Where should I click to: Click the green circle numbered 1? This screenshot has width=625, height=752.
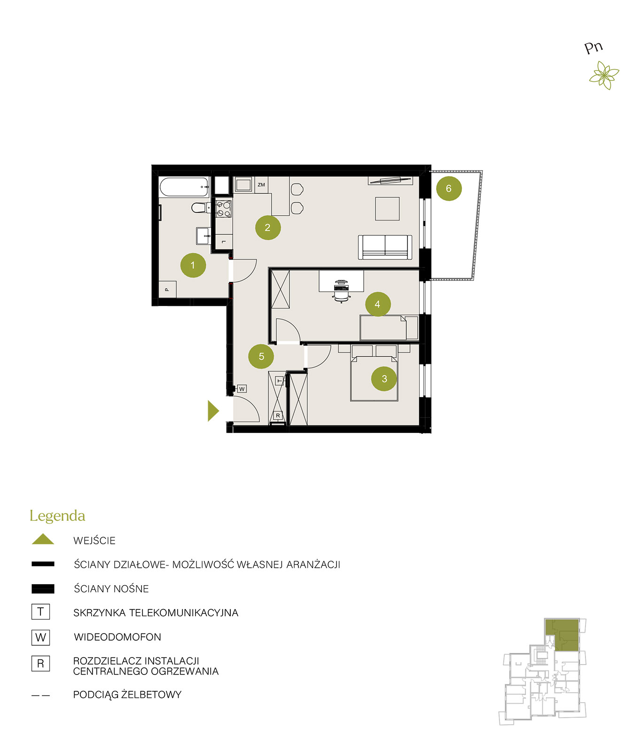193,265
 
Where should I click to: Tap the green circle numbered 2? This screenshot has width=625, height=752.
268,227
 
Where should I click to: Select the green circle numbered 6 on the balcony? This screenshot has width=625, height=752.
449,188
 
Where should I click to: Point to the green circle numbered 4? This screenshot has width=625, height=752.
378,304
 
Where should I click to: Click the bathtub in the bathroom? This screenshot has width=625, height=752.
184,187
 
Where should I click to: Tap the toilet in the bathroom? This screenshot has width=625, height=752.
199,207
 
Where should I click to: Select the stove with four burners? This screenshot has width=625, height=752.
224,209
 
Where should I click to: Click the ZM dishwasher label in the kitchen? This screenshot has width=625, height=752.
261,185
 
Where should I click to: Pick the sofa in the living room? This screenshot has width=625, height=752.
385,247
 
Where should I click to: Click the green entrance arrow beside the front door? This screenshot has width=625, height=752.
213,411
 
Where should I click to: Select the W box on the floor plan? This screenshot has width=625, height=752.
242,389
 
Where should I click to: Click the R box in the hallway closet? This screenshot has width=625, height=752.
278,415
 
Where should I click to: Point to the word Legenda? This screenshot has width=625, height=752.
57,516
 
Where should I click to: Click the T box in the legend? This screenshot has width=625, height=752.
40,611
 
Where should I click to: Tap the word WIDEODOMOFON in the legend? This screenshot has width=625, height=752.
117,637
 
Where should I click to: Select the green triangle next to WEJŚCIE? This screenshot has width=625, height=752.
43,539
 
